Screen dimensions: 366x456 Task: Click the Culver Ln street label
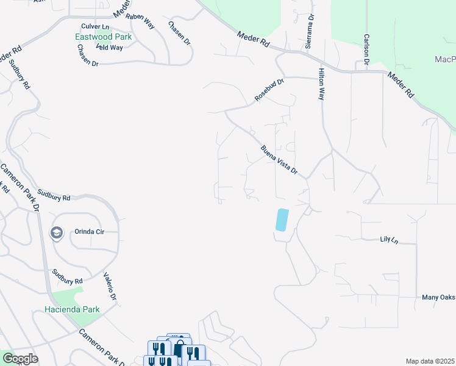point(94,27)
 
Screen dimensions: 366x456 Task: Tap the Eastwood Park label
point(103,37)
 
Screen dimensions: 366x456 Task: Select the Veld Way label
point(109,47)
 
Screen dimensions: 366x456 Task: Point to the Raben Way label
point(140,20)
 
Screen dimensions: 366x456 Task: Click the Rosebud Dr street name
point(269,90)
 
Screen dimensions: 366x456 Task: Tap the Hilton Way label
point(321,84)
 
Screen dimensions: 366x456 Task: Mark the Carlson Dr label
point(366,49)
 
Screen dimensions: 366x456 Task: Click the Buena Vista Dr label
point(279,160)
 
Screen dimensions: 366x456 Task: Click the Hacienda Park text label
point(72,309)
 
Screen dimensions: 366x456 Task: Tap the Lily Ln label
point(388,239)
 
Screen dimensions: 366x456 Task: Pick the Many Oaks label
point(438,297)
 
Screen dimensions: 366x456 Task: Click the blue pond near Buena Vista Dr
point(282,220)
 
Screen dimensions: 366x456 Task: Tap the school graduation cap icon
point(57,232)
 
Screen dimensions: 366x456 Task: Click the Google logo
point(20,359)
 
